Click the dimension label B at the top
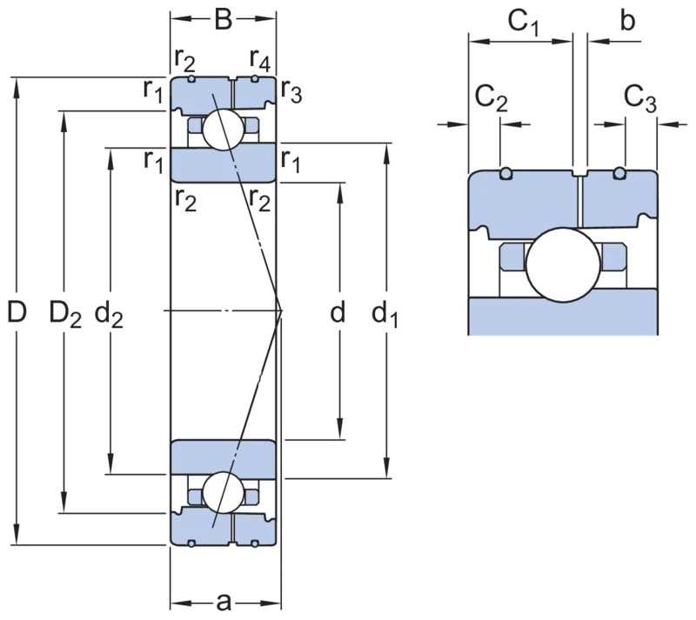pos(224,19)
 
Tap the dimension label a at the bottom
pos(224,603)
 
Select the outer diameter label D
pos(17,311)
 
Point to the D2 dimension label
pos(65,313)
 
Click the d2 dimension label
pos(110,313)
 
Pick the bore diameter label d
pos(338,311)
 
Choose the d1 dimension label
pos(385,313)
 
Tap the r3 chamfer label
pos(291,92)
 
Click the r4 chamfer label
pos(259,60)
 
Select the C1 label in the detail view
pos(524,23)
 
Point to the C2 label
pos(492,98)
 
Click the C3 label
pos(639,98)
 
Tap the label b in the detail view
pos(627,20)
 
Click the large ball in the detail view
pos(563,265)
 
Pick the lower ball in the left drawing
pos(224,493)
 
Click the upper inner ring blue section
pos(224,164)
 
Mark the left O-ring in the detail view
pos(505,174)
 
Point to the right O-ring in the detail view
pos(620,174)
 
